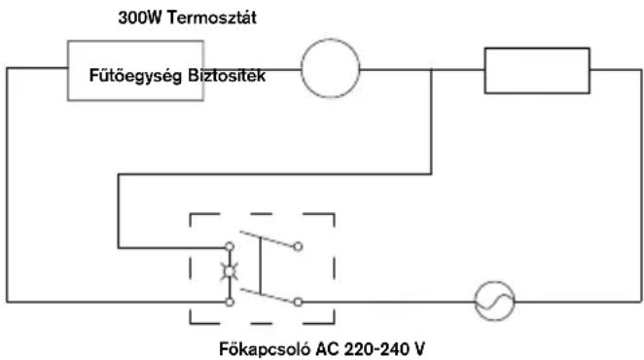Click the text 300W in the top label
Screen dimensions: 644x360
click(140, 18)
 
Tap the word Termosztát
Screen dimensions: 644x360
click(212, 18)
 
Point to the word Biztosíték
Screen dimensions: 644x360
click(227, 75)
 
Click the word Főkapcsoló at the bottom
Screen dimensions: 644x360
click(264, 349)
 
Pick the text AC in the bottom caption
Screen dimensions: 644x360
click(327, 349)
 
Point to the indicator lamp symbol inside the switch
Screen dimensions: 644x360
click(230, 272)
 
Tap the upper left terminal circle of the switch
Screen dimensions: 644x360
click(230, 246)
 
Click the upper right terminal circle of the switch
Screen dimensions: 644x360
click(299, 246)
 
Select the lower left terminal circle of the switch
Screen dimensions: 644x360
click(230, 302)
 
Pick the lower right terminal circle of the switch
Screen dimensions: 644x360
click(299, 302)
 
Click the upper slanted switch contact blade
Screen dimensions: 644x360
click(267, 239)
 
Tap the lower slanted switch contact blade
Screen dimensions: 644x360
click(267, 296)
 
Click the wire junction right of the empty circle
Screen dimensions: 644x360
click(431, 70)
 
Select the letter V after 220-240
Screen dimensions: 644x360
click(419, 349)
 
